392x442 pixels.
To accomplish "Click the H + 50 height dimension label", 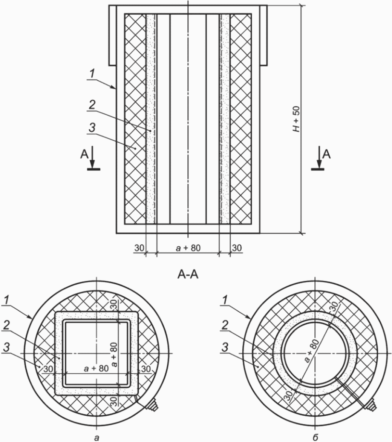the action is tap(297, 119).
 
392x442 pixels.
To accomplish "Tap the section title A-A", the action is tap(188, 274).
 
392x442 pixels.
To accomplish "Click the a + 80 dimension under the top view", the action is tap(188, 248).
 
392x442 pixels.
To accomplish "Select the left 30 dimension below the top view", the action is tap(139, 248).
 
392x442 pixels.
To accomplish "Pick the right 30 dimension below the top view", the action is tap(237, 248).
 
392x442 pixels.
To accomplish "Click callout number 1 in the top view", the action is tap(92, 74).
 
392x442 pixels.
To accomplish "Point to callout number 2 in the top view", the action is tap(92, 105).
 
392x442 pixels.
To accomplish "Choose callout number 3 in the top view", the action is tap(92, 128).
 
